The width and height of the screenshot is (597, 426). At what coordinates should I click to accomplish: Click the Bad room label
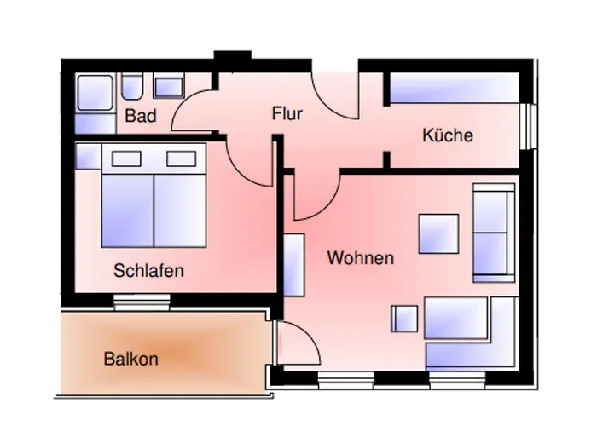tap(141, 116)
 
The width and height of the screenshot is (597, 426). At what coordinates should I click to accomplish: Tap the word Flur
tap(287, 113)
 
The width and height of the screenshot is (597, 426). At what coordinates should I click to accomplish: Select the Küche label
tap(447, 135)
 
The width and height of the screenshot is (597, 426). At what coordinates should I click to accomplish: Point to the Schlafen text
tap(148, 271)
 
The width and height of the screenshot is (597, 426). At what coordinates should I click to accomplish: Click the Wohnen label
tap(360, 257)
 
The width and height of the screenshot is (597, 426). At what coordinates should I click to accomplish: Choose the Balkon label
tap(130, 359)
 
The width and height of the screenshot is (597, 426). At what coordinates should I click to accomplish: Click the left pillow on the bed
tap(127, 158)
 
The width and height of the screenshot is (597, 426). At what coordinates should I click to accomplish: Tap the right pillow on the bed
tap(180, 158)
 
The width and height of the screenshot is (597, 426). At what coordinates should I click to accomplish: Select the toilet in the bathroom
tap(132, 88)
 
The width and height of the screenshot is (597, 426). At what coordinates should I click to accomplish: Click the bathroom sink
tap(168, 87)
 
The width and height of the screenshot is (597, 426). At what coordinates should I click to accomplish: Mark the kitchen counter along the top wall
tap(454, 89)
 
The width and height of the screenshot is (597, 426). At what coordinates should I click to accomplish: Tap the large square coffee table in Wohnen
tap(438, 232)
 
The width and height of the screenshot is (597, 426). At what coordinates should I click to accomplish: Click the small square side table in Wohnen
tap(405, 318)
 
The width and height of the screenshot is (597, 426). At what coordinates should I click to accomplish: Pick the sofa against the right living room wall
tap(493, 232)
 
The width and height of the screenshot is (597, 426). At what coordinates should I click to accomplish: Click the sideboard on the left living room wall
tap(294, 264)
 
